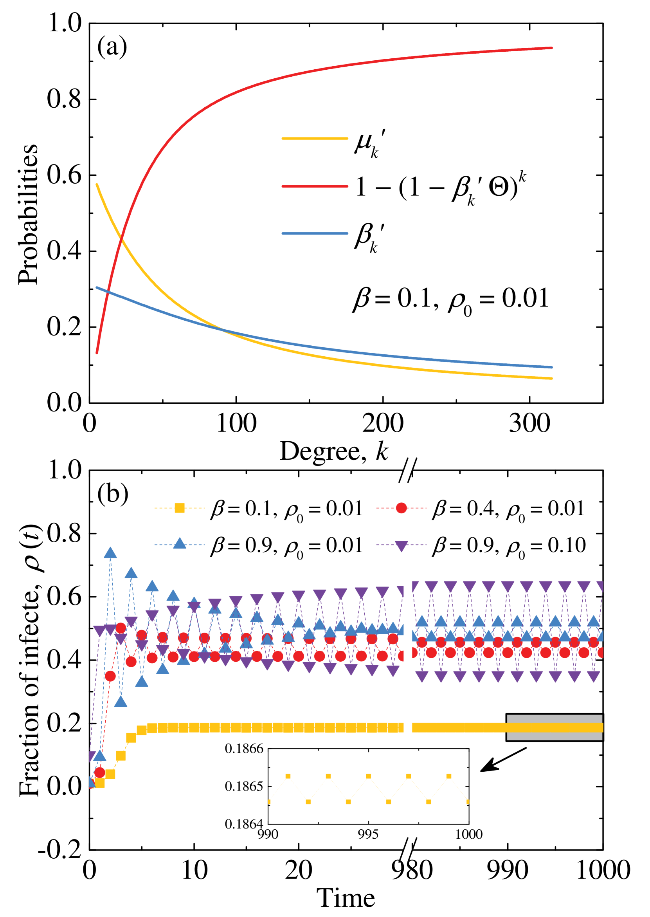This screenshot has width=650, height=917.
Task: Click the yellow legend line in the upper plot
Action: (315, 139)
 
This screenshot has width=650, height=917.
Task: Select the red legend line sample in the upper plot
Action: (315, 186)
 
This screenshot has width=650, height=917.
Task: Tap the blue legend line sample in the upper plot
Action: (315, 233)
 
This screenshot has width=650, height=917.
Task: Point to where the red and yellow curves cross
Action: (121, 239)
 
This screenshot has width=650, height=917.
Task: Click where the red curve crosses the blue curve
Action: (107, 291)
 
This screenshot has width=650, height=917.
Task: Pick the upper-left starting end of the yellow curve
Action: (97, 184)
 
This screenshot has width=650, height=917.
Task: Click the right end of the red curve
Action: (552, 48)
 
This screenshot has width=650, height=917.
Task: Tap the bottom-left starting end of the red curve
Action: (97, 353)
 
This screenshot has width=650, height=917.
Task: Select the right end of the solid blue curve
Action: (552, 367)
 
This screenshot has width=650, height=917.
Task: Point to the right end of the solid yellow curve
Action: (552, 378)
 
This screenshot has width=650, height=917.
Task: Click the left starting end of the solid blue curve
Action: (97, 287)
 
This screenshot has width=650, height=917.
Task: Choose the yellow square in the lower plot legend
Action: (180, 508)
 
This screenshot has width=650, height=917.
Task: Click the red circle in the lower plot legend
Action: (401, 508)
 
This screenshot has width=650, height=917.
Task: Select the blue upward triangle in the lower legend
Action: (180, 544)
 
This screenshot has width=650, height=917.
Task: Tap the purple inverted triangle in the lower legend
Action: (401, 546)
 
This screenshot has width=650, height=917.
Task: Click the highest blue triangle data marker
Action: (110, 553)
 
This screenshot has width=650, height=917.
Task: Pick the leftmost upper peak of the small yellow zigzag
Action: (288, 776)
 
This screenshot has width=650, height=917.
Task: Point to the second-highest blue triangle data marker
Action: (131, 573)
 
